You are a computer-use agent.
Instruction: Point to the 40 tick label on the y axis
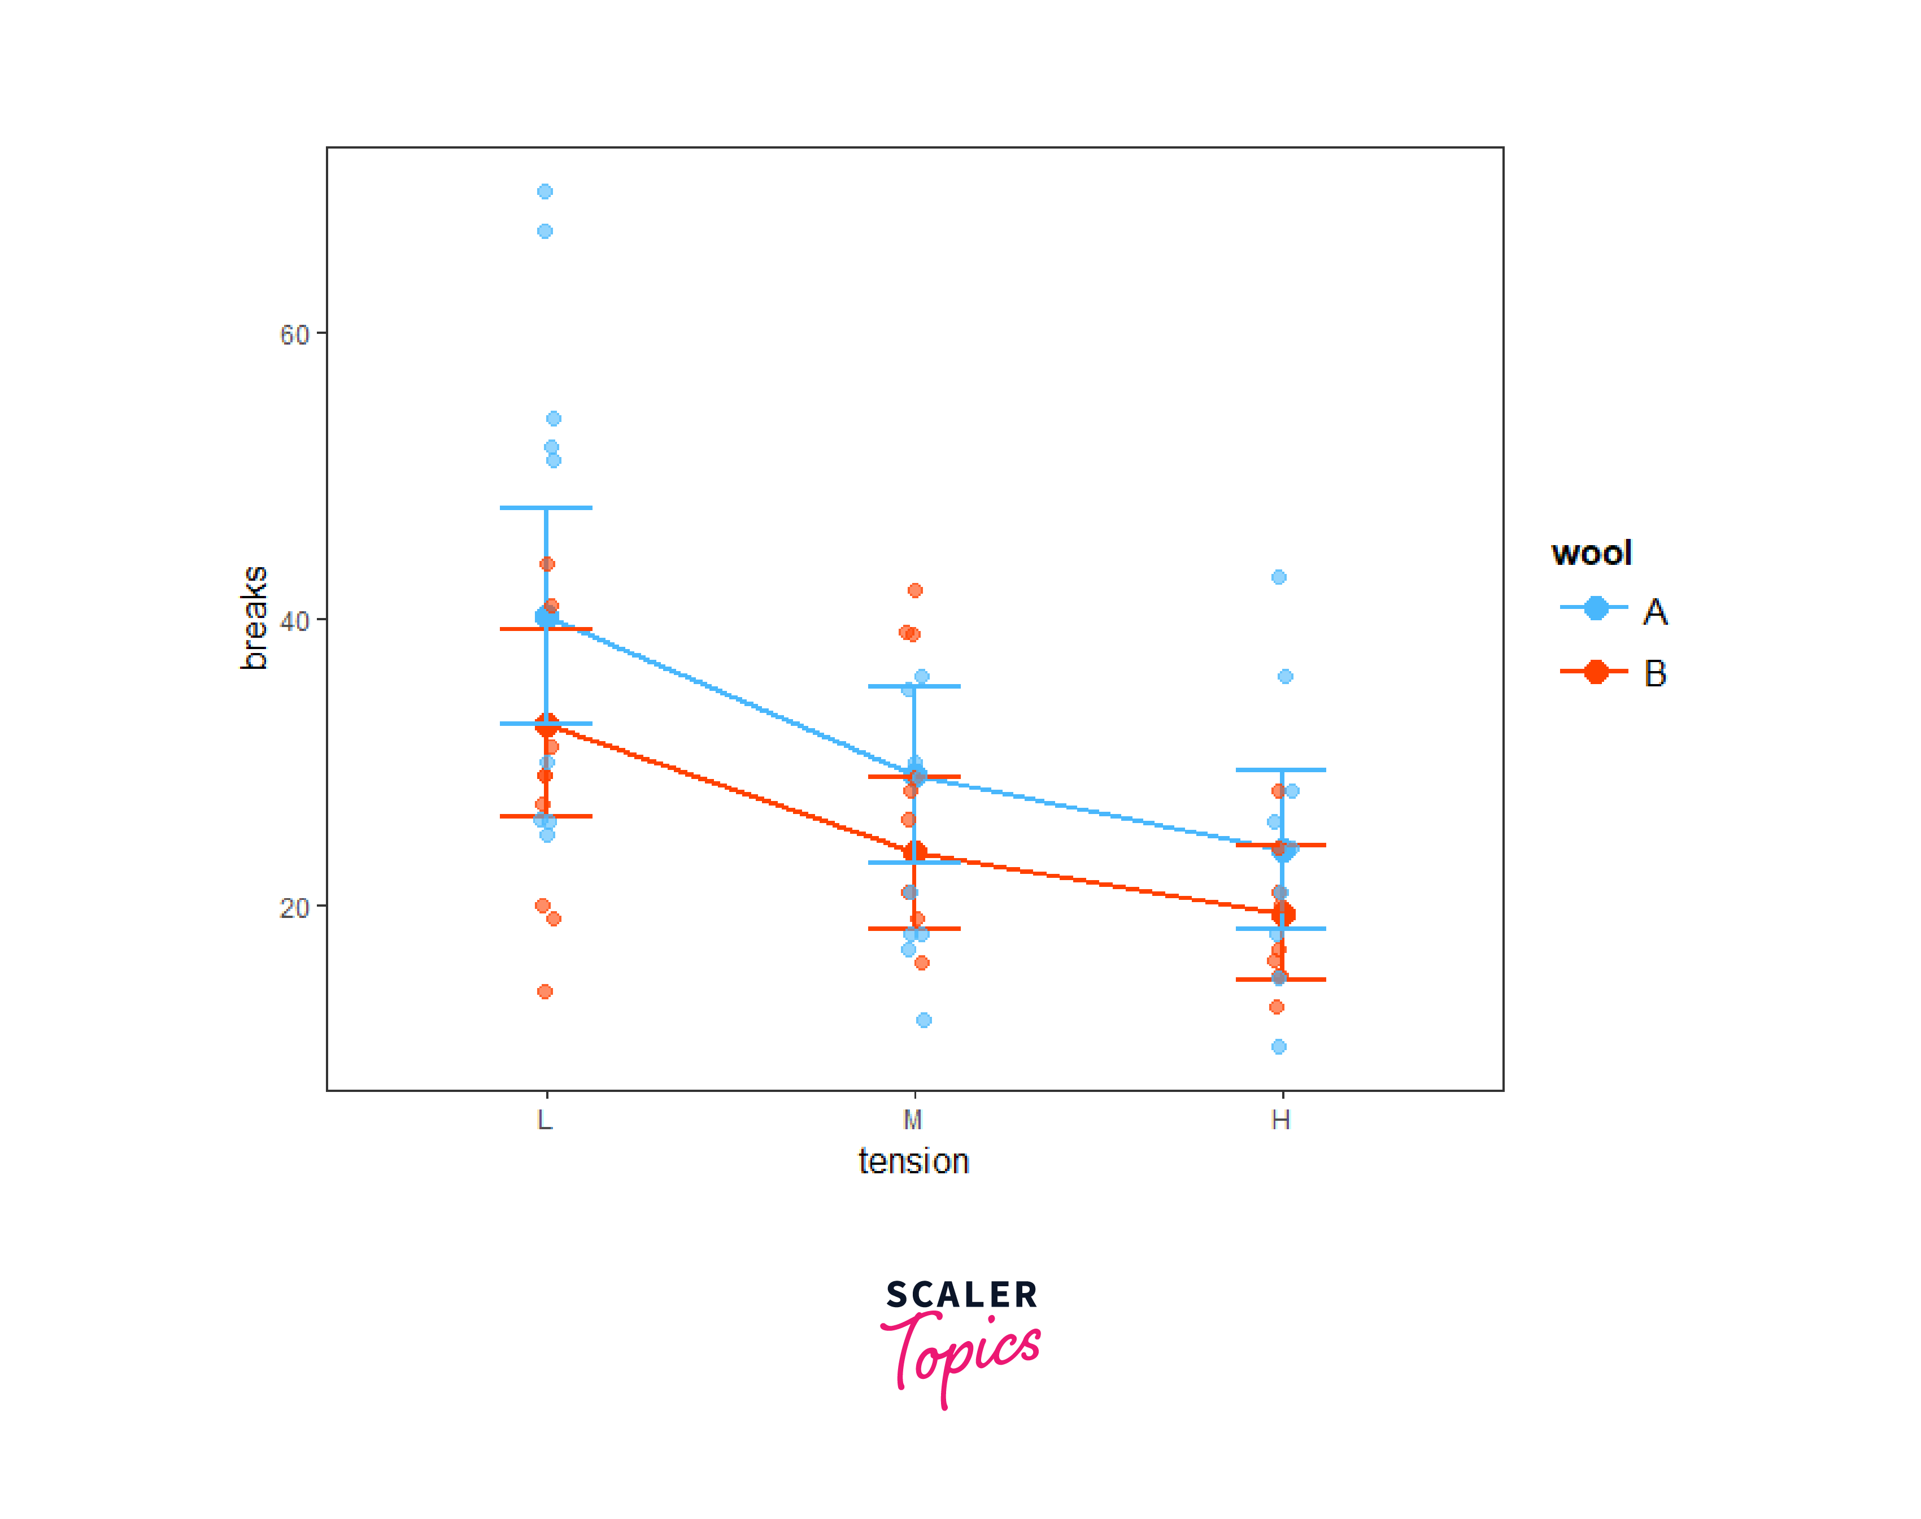(294, 621)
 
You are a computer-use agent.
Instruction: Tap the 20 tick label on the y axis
(294, 908)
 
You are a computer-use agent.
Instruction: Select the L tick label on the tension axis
(545, 1120)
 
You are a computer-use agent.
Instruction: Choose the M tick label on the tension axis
(912, 1120)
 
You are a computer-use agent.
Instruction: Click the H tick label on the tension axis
(1280, 1120)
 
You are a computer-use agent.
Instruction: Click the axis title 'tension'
(913, 1161)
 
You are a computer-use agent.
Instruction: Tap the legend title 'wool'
(1591, 553)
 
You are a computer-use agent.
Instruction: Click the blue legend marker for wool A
(1596, 608)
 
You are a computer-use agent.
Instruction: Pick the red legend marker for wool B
(1596, 672)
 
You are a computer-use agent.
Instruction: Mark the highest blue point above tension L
(545, 191)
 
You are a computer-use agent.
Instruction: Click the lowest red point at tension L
(545, 991)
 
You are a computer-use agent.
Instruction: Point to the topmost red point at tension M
(915, 590)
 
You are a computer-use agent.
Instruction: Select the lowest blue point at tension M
(924, 1020)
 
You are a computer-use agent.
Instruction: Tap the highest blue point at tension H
(1279, 577)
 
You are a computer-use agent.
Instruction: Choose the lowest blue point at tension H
(1279, 1047)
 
